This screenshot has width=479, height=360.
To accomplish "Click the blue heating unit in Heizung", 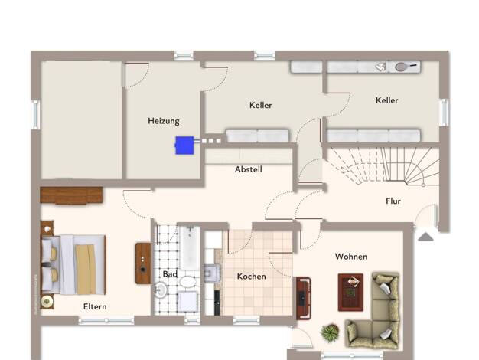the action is coord(184,146).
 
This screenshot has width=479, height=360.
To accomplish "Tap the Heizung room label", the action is coord(164,121).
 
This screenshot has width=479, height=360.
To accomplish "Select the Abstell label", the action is coord(249,169).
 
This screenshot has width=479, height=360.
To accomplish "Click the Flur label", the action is coord(393,201).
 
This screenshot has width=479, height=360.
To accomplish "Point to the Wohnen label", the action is coord(351,257).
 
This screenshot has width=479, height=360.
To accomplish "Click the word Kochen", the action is coord(252,277).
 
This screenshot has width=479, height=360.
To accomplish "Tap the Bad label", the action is coord(170,274).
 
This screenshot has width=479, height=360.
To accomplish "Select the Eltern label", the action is coord(95,306).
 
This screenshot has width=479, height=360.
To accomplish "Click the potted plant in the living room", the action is coord(330,332).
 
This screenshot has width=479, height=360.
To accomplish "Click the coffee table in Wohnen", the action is coord(350,293).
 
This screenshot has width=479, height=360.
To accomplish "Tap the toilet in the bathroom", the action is coord(187,281).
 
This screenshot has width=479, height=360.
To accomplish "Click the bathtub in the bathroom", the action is coord(190,247).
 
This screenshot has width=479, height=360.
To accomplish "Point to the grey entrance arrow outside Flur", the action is coord(425,237).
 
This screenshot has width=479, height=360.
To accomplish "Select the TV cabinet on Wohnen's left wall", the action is coord(303,298).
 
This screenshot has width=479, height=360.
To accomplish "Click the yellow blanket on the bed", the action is coord(86,269).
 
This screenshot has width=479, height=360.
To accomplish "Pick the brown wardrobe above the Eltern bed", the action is coord(71,195).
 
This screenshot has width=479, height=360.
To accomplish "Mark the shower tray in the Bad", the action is coord(188,302).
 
